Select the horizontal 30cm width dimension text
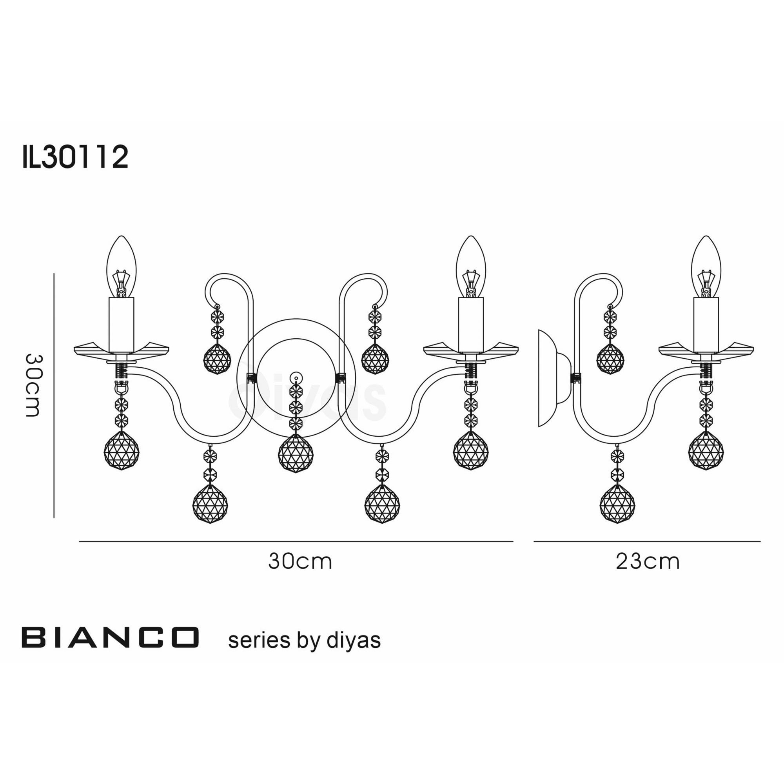point(300,562)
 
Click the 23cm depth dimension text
point(647,562)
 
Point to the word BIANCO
point(111,637)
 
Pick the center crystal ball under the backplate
point(296,453)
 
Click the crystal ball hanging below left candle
point(122,450)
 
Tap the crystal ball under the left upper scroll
point(217,359)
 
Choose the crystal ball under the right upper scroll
point(375,359)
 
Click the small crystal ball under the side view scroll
point(610,359)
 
